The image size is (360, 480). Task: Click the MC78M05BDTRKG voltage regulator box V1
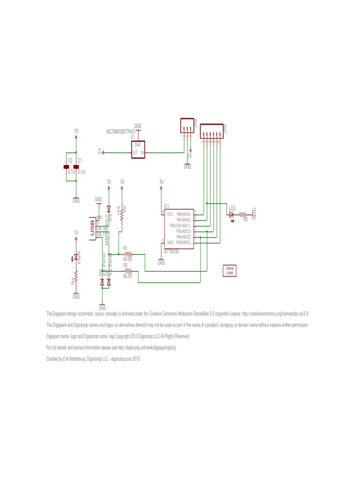coord(138,149)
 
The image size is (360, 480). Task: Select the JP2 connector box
coord(186,126)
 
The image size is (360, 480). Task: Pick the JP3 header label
coord(225,129)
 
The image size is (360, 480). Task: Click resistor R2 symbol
coord(128,270)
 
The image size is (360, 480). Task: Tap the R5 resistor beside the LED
coord(243,215)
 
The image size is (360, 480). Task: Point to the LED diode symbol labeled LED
coord(231,214)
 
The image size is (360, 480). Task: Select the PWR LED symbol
coord(75,257)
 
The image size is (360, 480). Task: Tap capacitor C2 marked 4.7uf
coord(67,167)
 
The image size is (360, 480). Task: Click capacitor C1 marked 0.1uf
coord(76,167)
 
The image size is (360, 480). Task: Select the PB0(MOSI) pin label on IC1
coord(183,214)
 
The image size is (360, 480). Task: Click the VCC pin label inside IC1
coord(170,214)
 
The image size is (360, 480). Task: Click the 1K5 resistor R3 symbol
coord(122,215)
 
